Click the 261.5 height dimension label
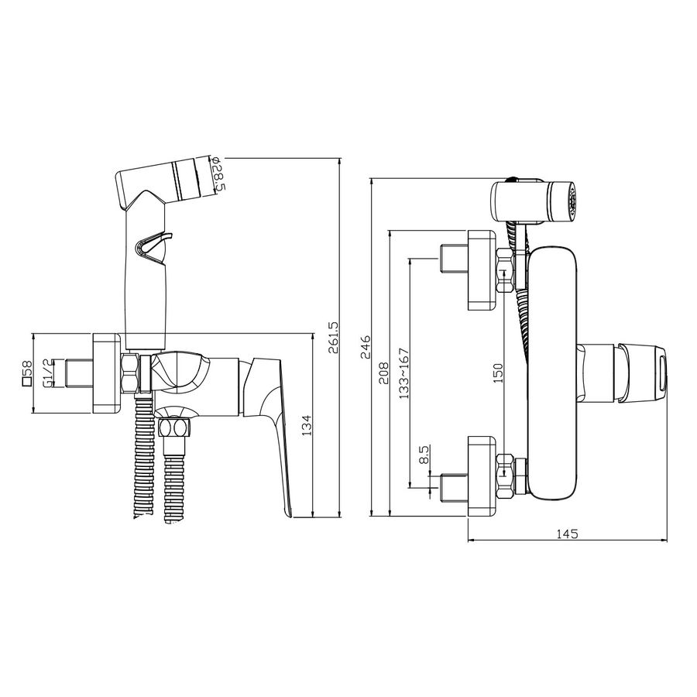coord(333,338)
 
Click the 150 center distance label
coord(498,373)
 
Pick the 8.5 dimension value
coord(424,455)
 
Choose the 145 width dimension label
coord(568,534)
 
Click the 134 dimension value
coord(308,425)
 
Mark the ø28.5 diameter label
coord(218,174)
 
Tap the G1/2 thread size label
coord(47,373)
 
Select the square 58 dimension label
coord(27,373)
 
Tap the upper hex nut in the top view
coord(506,270)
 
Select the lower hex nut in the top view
coord(506,476)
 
